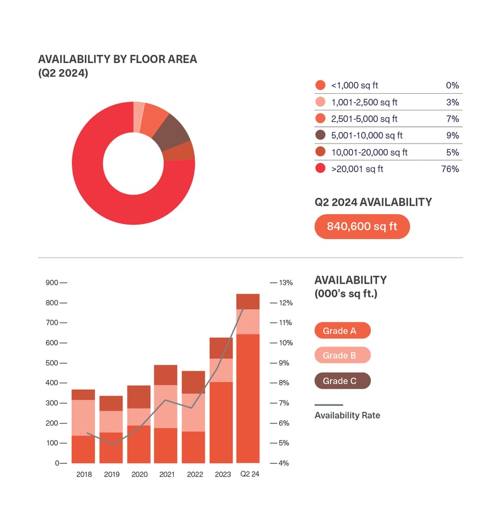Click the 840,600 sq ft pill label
[362, 226]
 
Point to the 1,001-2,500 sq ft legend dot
[320, 102]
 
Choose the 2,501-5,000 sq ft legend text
[364, 119]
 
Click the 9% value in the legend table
[453, 135]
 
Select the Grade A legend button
[342, 331]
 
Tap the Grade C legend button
[342, 381]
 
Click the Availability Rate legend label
[347, 415]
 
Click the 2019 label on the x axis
[111, 474]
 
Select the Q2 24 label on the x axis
[248, 474]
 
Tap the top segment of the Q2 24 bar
[248, 301]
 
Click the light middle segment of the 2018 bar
[83, 417]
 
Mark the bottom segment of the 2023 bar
[221, 422]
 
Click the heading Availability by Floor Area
[117, 59]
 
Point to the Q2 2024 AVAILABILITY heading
[373, 202]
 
